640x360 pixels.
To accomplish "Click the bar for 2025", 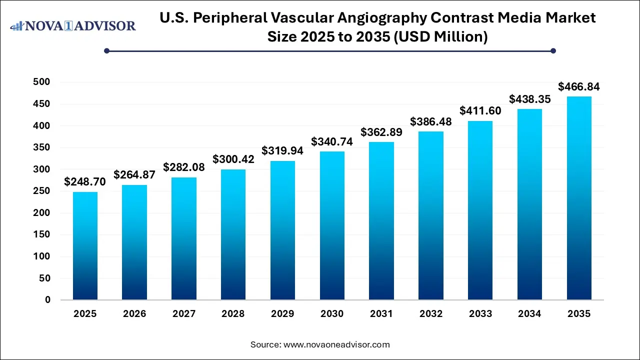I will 85,246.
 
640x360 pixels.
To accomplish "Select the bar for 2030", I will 332,225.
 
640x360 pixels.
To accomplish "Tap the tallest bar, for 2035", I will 579,198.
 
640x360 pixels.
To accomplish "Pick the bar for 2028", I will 233,234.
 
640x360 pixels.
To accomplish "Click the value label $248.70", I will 84,182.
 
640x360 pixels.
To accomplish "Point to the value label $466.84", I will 579,87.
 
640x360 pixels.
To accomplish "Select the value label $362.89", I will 381,132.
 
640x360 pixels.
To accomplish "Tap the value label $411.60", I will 480,111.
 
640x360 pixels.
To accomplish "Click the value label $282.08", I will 184,167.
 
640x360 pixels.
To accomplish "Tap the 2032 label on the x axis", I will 431,314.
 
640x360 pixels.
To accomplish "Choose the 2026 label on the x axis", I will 134,314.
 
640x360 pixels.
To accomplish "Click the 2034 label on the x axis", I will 529,314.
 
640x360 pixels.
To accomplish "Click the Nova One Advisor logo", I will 73,25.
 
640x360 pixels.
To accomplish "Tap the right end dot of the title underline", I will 553,50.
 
